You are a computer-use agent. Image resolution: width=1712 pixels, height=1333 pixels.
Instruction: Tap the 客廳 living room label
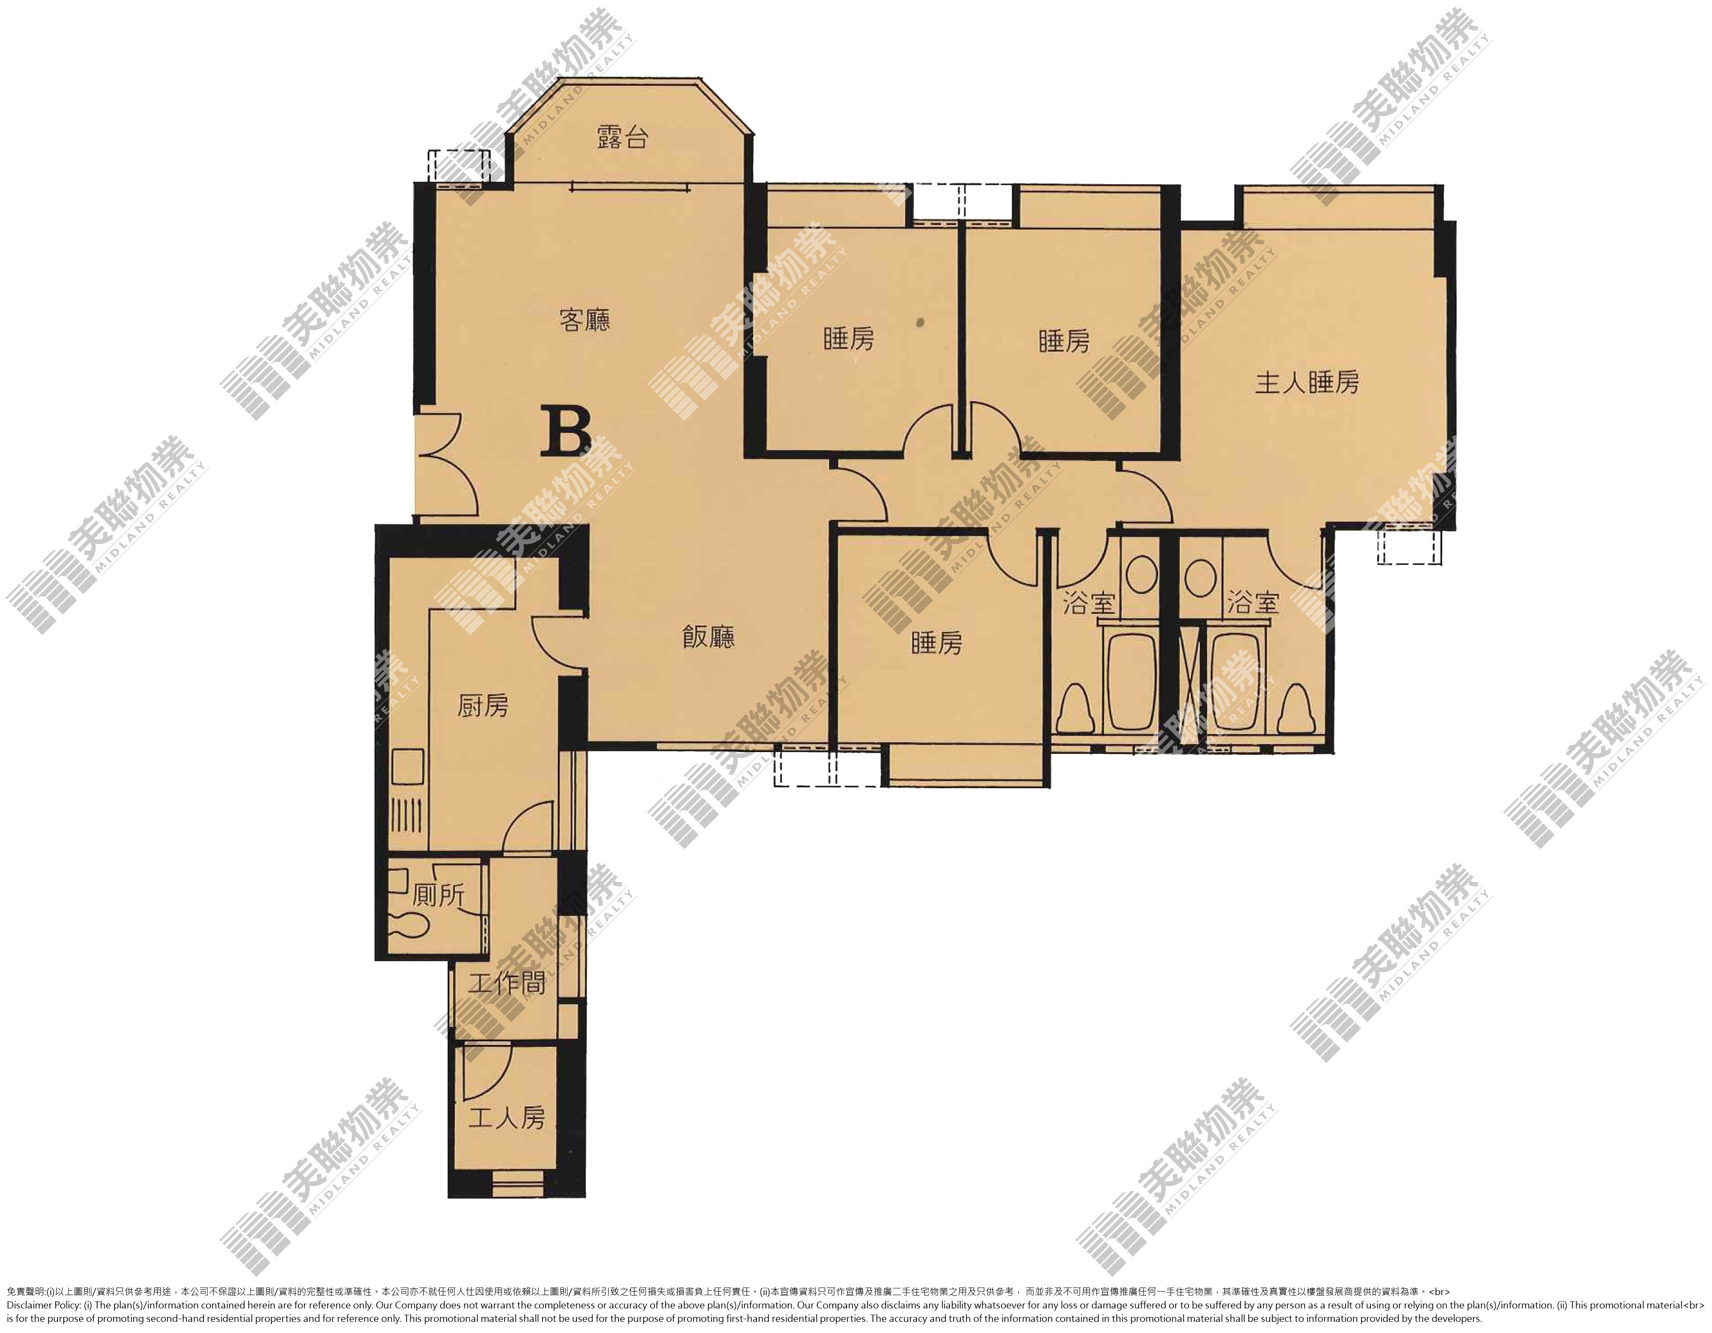pos(585,320)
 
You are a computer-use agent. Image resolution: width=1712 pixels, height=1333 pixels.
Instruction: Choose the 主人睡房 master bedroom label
pos(1307,383)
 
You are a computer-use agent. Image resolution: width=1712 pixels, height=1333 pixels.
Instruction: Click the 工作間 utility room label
pos(506,983)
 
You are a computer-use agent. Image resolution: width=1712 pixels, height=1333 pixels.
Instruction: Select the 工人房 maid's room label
pos(506,1117)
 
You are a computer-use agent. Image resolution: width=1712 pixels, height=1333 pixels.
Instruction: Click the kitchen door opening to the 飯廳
pos(558,642)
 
